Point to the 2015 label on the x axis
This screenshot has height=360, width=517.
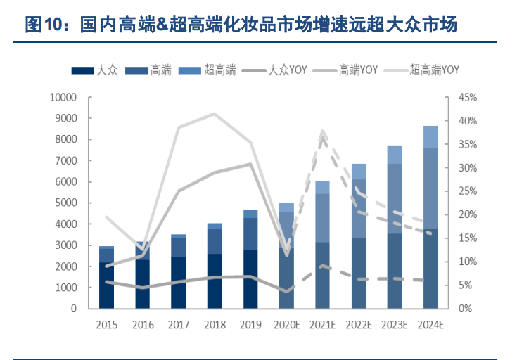tap(106, 325)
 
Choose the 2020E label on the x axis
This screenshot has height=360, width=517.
tap(286, 325)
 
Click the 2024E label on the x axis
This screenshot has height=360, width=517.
tap(430, 325)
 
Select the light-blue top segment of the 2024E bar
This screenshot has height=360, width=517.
tap(430, 137)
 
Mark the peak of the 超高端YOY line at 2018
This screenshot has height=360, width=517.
tap(215, 113)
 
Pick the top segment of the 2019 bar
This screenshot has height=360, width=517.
tap(250, 214)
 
